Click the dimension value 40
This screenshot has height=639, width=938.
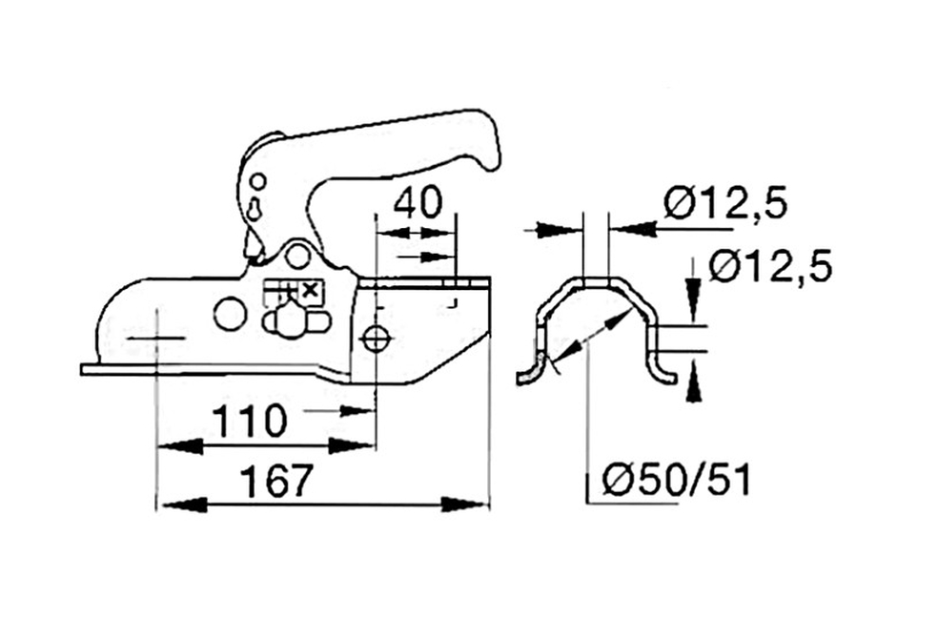[x=418, y=202]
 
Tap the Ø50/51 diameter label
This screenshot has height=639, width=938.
[x=677, y=480]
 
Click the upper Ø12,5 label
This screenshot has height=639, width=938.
[x=725, y=203]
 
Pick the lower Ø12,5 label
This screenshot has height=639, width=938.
[x=770, y=266]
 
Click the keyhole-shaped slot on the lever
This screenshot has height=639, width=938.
[x=255, y=210]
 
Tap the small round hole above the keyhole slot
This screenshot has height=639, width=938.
[x=257, y=180]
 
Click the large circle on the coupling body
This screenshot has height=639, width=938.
[x=231, y=314]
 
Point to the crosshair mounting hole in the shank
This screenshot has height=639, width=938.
[x=376, y=340]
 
